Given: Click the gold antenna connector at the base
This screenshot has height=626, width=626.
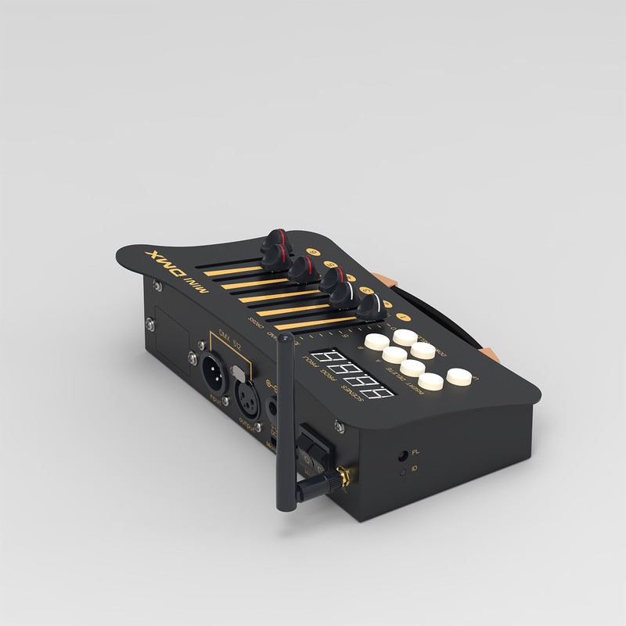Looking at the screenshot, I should tap(343, 475).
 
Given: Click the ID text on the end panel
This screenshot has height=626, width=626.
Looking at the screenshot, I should tap(416, 468).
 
